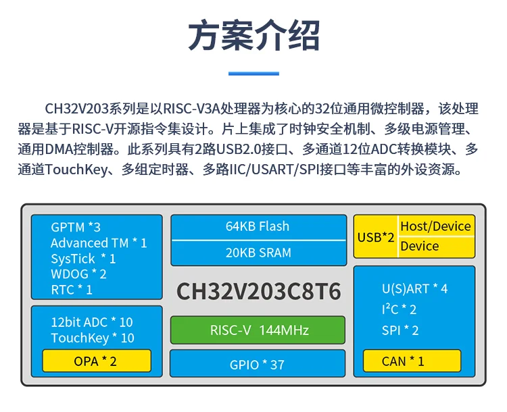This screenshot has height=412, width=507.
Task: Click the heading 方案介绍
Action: [254, 35]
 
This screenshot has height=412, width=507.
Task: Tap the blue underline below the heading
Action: [254, 74]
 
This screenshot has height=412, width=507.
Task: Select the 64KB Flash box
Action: [258, 227]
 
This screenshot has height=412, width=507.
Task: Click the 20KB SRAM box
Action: [258, 253]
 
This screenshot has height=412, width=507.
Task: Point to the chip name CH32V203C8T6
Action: [259, 292]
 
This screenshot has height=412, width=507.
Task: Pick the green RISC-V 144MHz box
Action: [258, 330]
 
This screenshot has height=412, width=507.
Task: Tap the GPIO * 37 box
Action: [258, 364]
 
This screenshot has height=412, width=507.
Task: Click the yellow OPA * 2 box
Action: [97, 361]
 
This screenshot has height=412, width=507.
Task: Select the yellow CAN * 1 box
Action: [412, 361]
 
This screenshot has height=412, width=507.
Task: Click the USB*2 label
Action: [376, 238]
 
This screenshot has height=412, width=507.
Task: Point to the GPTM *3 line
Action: [76, 227]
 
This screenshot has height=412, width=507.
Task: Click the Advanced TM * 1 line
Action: [99, 243]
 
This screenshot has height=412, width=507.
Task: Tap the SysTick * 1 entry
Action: [83, 259]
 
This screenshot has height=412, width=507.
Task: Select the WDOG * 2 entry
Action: [78, 274]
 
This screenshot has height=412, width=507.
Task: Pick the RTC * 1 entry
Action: [72, 290]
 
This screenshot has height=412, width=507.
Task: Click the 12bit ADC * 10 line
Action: [92, 322]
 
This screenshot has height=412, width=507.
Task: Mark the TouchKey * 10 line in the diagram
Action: [93, 338]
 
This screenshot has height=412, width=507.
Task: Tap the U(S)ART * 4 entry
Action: [414, 289]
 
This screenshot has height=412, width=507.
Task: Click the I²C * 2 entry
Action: [399, 309]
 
